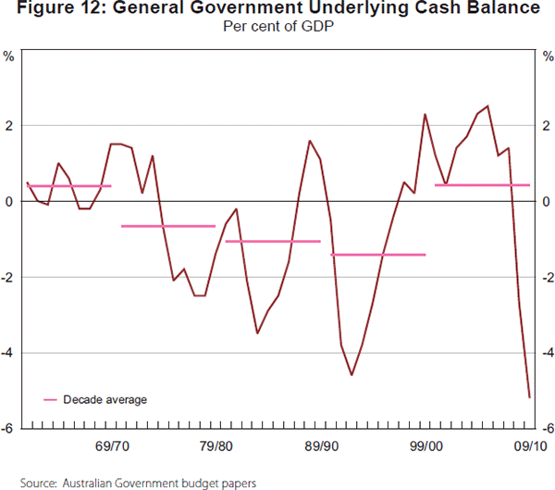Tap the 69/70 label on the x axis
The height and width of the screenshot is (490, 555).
(x=111, y=446)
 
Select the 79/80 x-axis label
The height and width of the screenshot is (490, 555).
(x=216, y=446)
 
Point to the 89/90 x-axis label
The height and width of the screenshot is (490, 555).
(x=320, y=446)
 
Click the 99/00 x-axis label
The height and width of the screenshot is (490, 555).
(x=425, y=446)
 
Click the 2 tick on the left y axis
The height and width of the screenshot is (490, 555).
(x=9, y=125)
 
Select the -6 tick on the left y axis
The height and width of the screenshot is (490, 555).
(x=7, y=428)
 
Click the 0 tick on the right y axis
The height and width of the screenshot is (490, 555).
(x=548, y=201)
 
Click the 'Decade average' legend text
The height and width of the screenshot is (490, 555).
(x=105, y=400)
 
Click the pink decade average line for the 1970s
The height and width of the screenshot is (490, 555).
(x=168, y=226)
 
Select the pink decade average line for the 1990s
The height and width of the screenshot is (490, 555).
(x=377, y=254)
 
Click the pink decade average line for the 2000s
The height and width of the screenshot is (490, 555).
(x=482, y=185)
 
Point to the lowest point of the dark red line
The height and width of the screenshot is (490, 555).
(x=529, y=397)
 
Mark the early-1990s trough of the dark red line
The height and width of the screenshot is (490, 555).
(x=351, y=375)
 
